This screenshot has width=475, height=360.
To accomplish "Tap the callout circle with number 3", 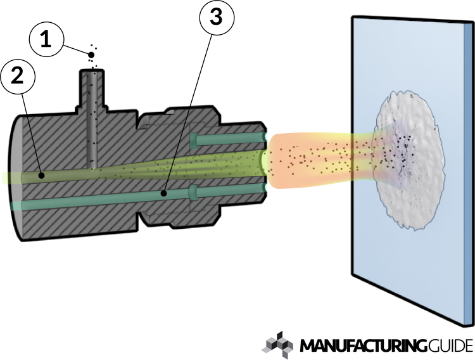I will point(216,19).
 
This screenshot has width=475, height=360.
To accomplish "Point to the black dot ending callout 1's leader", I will point(91,56).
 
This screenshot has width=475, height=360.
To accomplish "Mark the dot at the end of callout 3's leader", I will point(163,194).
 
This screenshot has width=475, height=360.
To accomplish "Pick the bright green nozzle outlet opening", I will point(264,164).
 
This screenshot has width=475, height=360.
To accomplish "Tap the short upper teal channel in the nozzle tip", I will point(228,138).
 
